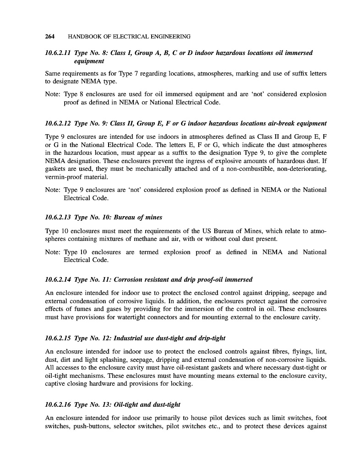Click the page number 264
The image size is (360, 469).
pyautogui.click(x=50, y=36)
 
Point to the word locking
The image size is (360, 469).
pyautogui.click(x=182, y=384)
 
